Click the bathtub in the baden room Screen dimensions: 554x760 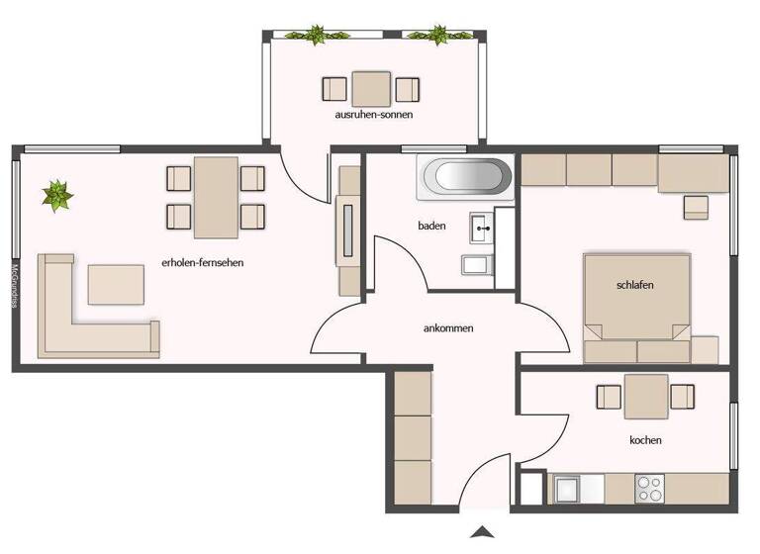(467, 178)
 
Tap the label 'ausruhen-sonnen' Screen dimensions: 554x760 (373, 115)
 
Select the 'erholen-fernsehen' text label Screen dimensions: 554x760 (202, 263)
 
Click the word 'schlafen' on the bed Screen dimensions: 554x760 (634, 285)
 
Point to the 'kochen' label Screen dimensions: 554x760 (645, 440)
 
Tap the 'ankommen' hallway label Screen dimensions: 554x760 (447, 328)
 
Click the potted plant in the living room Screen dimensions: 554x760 (57, 194)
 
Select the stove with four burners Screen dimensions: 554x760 (649, 489)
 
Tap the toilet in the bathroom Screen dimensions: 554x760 (475, 265)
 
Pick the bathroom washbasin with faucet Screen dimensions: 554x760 (484, 229)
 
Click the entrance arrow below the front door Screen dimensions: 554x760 (483, 532)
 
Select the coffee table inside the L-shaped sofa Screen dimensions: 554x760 (116, 284)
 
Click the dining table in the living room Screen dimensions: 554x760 (216, 197)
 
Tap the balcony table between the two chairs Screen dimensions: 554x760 (372, 89)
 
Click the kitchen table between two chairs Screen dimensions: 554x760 (645, 397)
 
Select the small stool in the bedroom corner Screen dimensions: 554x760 (696, 206)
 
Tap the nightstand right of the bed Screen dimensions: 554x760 (705, 349)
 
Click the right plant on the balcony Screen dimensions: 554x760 (435, 36)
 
